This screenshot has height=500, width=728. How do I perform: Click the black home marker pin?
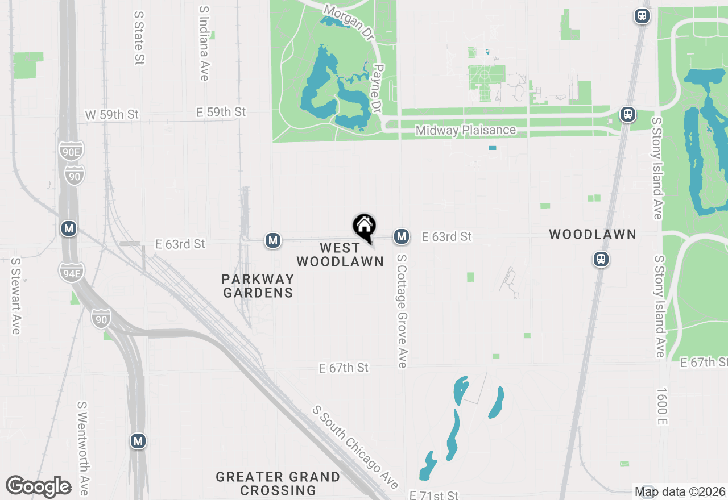click(365, 227)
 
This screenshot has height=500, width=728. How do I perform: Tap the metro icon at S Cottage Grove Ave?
click(402, 236)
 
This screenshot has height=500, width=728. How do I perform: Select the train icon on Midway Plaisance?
click(628, 114)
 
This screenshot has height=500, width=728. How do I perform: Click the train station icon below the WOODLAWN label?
click(601, 259)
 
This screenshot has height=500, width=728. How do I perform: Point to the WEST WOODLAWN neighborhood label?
click(340, 255)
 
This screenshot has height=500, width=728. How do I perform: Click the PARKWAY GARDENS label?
click(258, 286)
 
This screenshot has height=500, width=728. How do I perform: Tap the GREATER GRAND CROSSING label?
click(278, 483)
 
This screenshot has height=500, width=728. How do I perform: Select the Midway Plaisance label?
click(466, 130)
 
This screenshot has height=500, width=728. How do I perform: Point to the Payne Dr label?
click(377, 88)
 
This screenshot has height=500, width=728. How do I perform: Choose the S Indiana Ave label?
click(205, 44)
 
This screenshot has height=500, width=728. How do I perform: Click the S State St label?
click(139, 37)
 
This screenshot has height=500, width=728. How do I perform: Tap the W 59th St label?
click(112, 114)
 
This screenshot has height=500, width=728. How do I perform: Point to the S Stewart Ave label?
click(15, 296)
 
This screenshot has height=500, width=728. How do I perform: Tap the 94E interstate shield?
click(71, 272)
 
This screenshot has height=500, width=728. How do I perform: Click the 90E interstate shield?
click(71, 151)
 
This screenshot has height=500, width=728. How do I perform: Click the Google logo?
click(38, 487)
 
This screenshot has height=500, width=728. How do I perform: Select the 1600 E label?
click(661, 406)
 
